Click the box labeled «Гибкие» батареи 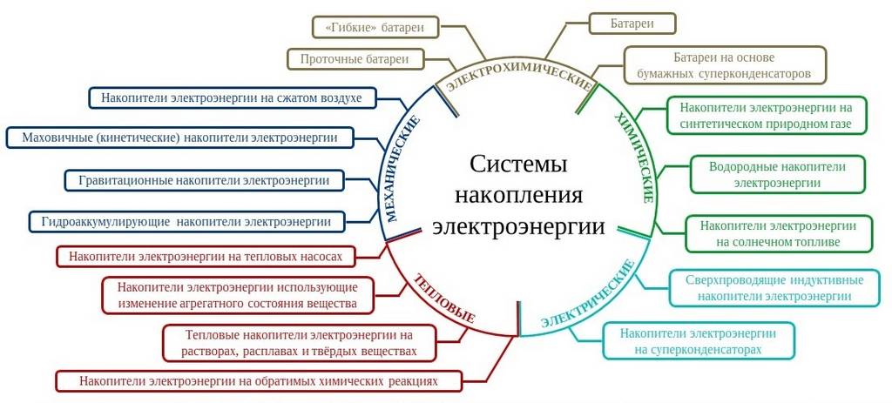(x=375, y=27)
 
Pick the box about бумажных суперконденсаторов (x=724, y=64)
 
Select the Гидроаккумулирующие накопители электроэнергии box (x=186, y=222)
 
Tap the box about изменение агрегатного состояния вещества (x=237, y=295)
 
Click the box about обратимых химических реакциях (x=258, y=380)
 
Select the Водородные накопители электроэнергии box (x=777, y=174)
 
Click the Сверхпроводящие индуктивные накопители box (x=774, y=288)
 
